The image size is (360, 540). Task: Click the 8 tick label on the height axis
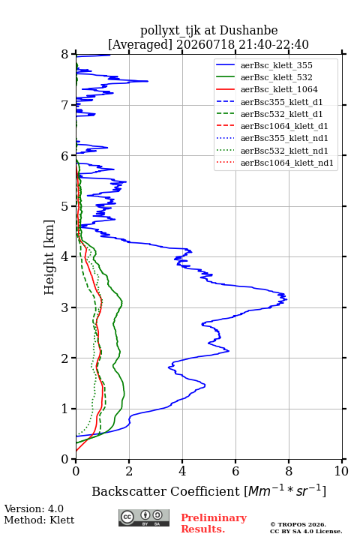tap(65, 55)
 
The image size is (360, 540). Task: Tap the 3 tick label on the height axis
tap(65, 307)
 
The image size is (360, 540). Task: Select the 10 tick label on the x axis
tap(341, 471)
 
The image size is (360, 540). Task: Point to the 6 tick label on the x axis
tap(235, 471)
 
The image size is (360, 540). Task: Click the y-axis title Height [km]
tap(49, 257)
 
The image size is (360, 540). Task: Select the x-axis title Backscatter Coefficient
tap(166, 491)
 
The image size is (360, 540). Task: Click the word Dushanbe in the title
tap(249, 30)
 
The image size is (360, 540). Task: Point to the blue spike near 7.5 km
tap(148, 81)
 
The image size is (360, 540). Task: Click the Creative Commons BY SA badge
tap(144, 518)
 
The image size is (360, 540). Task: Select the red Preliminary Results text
tap(214, 523)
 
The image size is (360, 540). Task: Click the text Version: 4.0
tap(34, 508)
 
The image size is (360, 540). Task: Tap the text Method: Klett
tap(39, 520)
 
